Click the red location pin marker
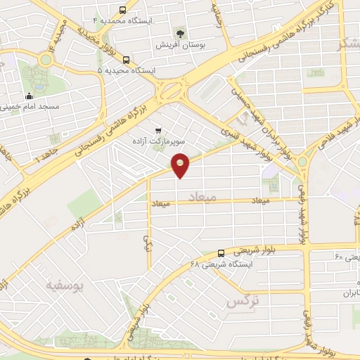click(181, 165)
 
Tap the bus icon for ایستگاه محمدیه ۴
click(124, 11)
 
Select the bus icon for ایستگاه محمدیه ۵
click(126, 60)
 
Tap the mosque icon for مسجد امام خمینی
click(29, 96)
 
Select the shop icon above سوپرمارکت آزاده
click(157, 130)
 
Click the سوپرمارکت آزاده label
click(158, 141)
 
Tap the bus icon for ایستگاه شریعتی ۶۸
click(221, 253)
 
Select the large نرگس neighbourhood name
click(240, 302)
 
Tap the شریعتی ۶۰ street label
click(347, 257)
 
